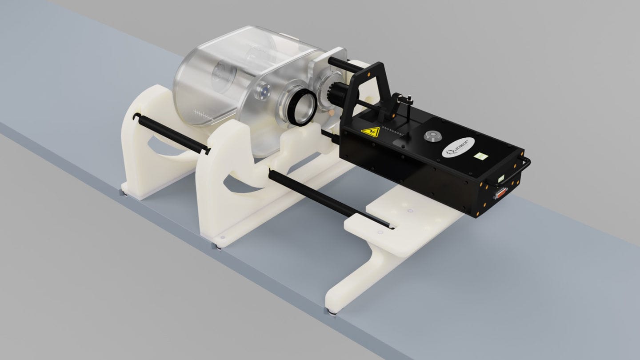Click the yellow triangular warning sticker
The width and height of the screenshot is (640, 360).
pyautogui.click(x=370, y=132)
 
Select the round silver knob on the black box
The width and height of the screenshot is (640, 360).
pyautogui.click(x=432, y=136)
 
